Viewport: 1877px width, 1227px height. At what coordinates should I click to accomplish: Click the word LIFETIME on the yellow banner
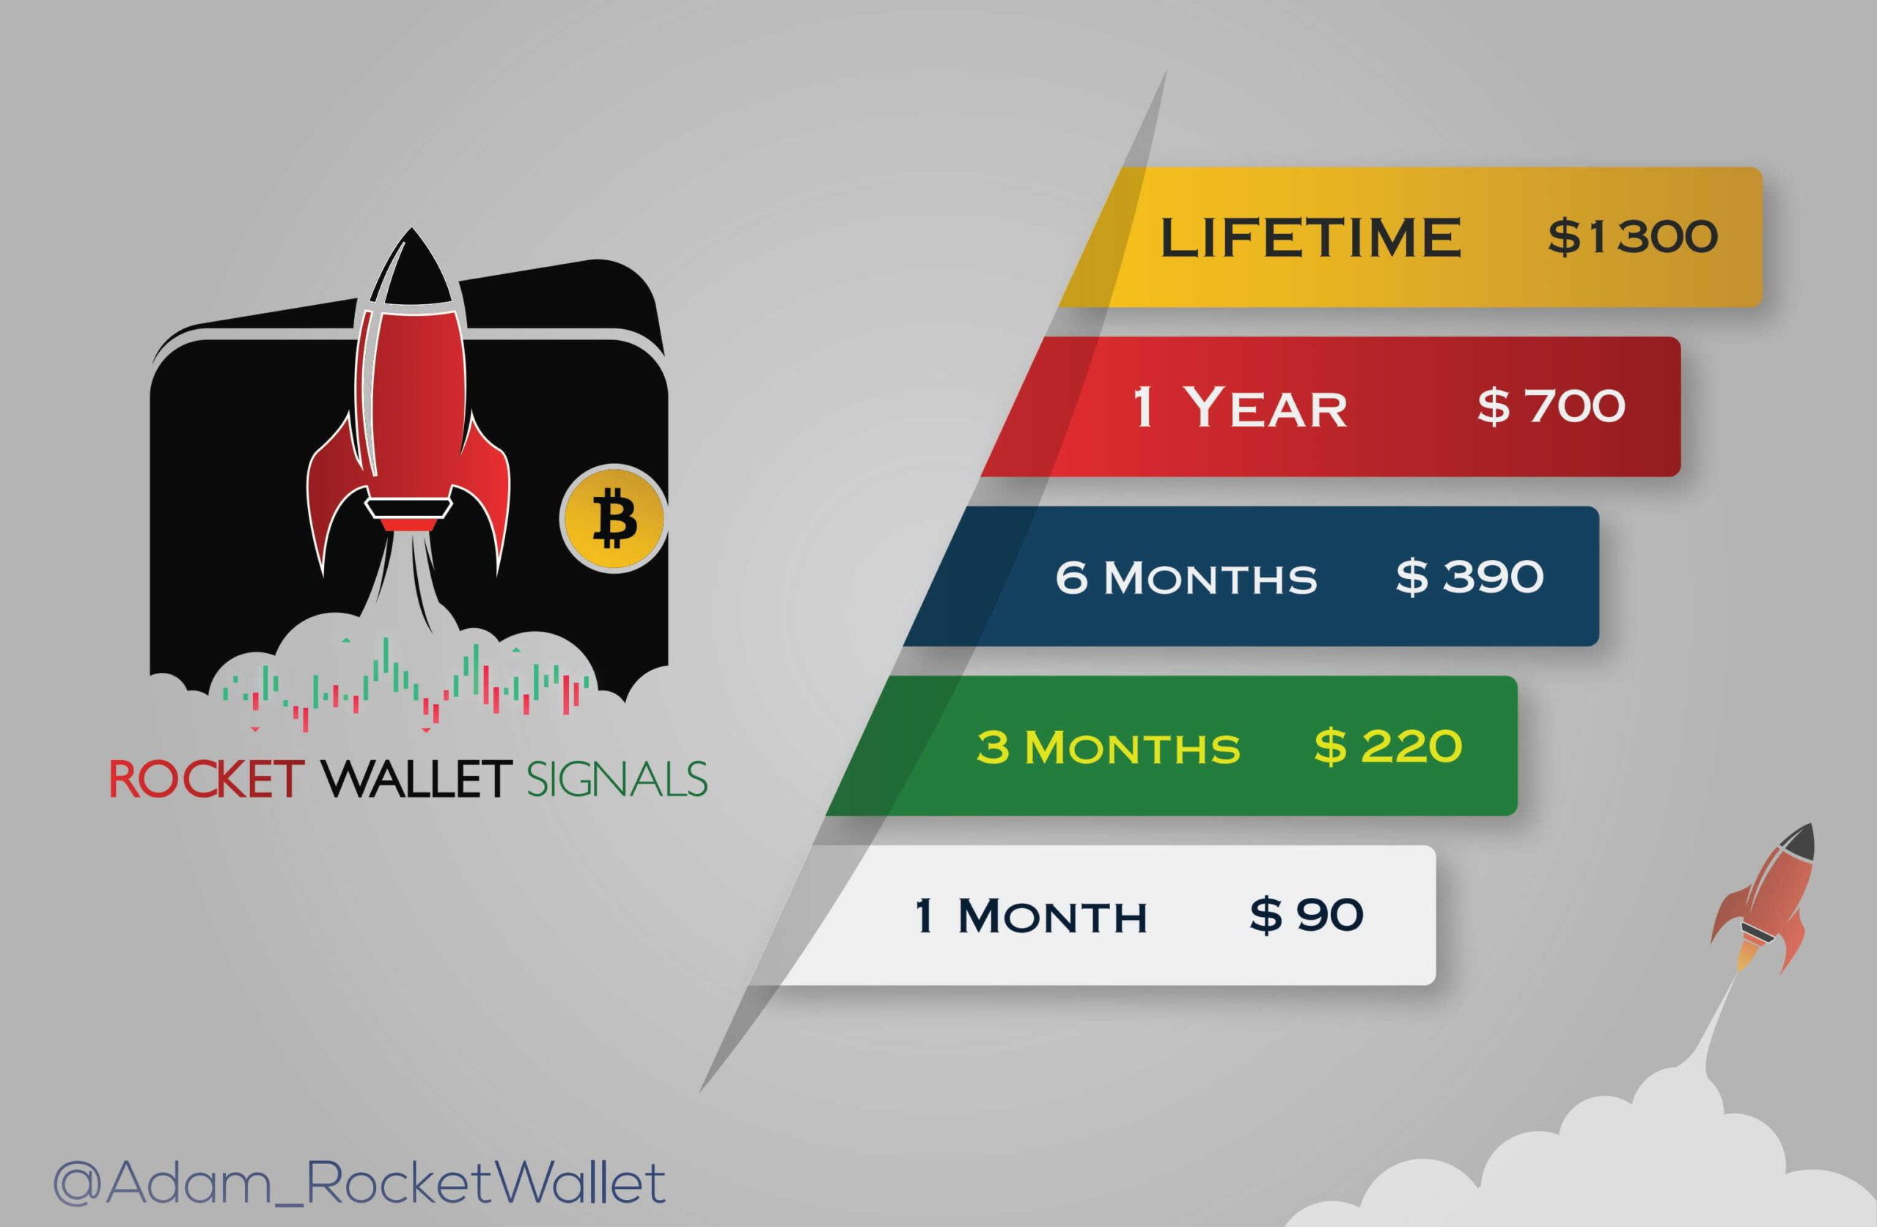[1310, 237]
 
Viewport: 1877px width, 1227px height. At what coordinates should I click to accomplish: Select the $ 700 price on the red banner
[1551, 406]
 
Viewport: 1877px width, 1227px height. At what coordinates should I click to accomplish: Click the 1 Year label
[1240, 407]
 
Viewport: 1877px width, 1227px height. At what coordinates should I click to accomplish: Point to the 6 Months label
[1186, 578]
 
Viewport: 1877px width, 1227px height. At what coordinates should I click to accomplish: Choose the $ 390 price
[1469, 576]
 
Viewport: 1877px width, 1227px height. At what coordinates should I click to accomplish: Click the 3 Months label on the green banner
[1108, 747]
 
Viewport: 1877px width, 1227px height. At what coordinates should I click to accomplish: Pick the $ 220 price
[1388, 746]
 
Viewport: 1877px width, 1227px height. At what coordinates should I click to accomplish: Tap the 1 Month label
[1031, 916]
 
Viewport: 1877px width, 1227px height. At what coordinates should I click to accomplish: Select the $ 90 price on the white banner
[1306, 915]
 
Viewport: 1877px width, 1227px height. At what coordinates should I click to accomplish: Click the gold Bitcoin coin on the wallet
[614, 518]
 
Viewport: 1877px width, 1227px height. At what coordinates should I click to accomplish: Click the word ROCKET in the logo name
[207, 779]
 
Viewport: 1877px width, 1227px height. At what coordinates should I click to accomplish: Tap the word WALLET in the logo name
[417, 779]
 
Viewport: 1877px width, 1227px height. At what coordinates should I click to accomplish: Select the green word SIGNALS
[616, 779]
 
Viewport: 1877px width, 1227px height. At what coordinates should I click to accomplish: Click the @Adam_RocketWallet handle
[359, 1182]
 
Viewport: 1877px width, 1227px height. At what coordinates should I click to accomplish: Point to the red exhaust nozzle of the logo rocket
[408, 523]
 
